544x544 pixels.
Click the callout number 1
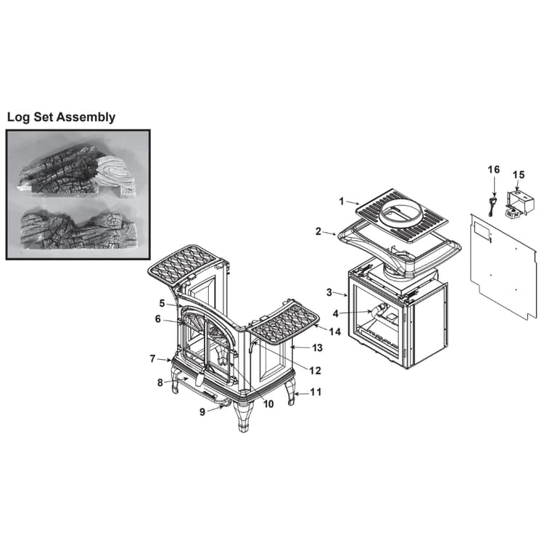pyautogui.click(x=342, y=201)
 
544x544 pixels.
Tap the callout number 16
pyautogui.click(x=494, y=170)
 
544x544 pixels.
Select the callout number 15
pyautogui.click(x=519, y=175)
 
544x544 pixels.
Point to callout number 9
pyautogui.click(x=202, y=412)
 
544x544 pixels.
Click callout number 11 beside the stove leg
pyautogui.click(x=316, y=392)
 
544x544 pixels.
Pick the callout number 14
pyautogui.click(x=335, y=332)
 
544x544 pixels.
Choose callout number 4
pyautogui.click(x=336, y=313)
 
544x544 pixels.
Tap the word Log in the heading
pyautogui.click(x=18, y=117)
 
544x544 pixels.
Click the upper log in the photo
pyautogui.click(x=76, y=173)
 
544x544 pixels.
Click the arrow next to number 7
pyautogui.click(x=164, y=360)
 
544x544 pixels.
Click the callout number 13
pyautogui.click(x=317, y=347)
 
